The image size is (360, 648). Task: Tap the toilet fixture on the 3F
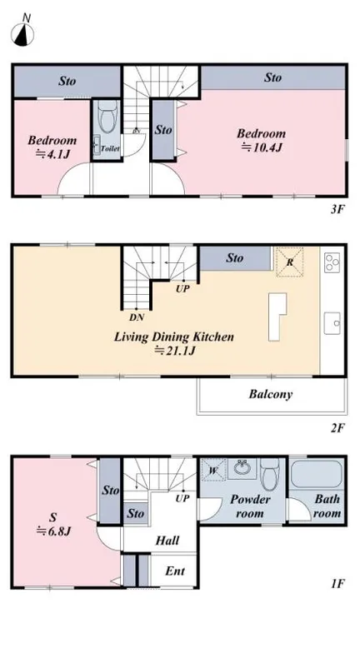(107, 116)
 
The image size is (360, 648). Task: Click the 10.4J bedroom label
(261, 141)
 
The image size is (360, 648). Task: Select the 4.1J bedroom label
(52, 147)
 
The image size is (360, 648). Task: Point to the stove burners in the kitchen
(332, 262)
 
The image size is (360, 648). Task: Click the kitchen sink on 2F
(332, 323)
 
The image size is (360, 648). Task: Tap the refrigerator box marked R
(290, 262)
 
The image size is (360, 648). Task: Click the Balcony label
(270, 394)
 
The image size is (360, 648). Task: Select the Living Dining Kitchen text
(173, 336)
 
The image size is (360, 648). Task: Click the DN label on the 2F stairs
(137, 317)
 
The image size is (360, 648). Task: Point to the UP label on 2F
(182, 289)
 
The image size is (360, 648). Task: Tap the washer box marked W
(213, 471)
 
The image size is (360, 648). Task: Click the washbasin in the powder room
(242, 467)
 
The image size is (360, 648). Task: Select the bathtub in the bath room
(317, 475)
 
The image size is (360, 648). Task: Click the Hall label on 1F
(167, 541)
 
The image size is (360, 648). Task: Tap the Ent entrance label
(175, 571)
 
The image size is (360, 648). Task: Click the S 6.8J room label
(52, 524)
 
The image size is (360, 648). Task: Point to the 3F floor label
(337, 210)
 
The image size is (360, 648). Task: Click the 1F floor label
(337, 584)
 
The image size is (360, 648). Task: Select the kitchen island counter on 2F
(276, 317)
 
